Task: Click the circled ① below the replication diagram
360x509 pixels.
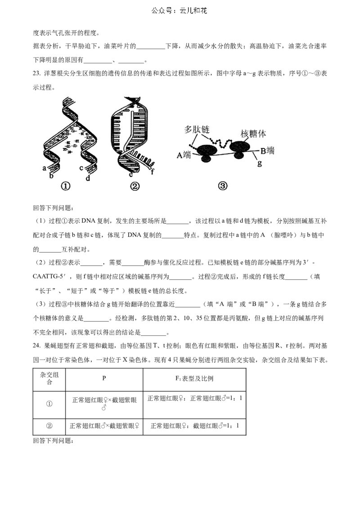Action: [65, 186]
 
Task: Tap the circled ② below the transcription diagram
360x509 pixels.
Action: [135, 186]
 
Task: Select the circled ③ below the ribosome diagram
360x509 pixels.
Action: [223, 186]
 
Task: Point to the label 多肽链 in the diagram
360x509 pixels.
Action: [197, 129]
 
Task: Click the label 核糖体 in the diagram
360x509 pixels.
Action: [253, 134]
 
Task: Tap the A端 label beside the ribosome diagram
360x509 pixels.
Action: [184, 155]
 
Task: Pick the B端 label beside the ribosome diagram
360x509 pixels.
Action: [267, 151]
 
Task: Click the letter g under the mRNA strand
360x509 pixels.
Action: [259, 163]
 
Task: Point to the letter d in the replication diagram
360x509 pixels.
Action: [88, 178]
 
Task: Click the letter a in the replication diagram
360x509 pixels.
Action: [44, 168]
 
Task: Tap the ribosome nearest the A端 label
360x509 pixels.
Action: [206, 152]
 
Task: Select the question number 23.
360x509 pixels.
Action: [36, 73]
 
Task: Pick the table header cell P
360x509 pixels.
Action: [104, 378]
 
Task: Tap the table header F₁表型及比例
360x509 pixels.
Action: [194, 379]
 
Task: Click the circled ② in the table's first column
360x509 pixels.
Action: [49, 426]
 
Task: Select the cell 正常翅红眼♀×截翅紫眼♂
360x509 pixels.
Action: [104, 403]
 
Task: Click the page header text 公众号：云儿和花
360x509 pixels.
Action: [179, 11]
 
